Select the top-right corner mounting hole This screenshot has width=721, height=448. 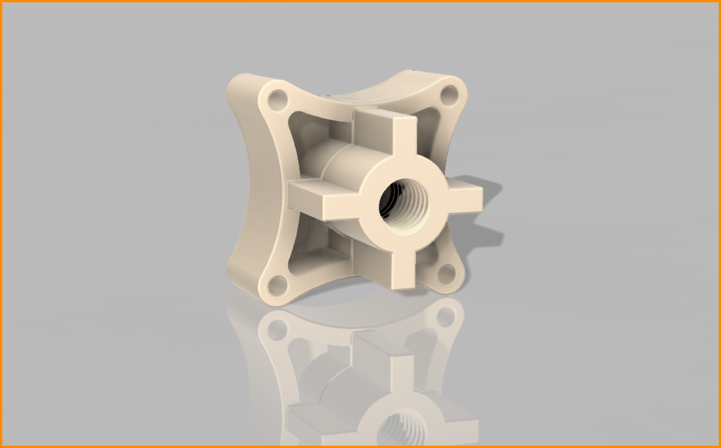click(448, 95)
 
